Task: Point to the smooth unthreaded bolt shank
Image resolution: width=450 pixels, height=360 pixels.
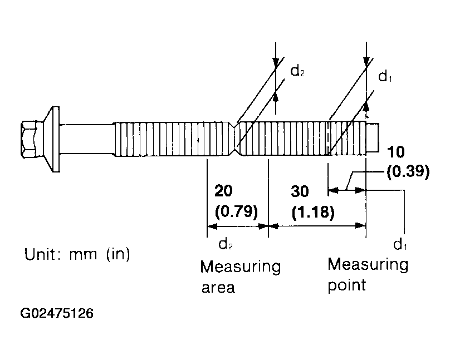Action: (x=86, y=139)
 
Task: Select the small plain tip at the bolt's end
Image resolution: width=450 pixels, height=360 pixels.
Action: (x=373, y=137)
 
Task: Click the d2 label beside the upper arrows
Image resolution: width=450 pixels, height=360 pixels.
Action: (x=297, y=71)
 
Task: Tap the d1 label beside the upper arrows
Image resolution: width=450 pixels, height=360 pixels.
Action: (x=385, y=77)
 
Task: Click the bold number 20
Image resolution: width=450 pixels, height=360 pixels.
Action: (x=223, y=191)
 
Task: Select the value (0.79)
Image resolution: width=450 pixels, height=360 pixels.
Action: (x=236, y=211)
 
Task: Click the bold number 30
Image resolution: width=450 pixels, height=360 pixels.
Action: (x=300, y=191)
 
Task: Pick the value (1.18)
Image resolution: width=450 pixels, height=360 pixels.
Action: (x=313, y=213)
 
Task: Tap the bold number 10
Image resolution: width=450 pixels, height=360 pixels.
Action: (x=396, y=152)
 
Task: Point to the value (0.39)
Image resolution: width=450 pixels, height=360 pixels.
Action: (x=408, y=172)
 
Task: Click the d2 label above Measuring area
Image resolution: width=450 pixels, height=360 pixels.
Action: (x=226, y=244)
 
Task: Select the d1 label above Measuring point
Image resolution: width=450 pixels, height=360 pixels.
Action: (x=400, y=245)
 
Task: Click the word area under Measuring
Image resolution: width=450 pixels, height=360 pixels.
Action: (x=218, y=288)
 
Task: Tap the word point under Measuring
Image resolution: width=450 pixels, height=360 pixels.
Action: (x=346, y=285)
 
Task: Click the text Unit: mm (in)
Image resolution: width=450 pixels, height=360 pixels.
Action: (x=77, y=254)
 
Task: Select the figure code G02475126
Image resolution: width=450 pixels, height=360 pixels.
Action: (x=57, y=313)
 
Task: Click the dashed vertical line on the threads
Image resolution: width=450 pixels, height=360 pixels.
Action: (x=328, y=139)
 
